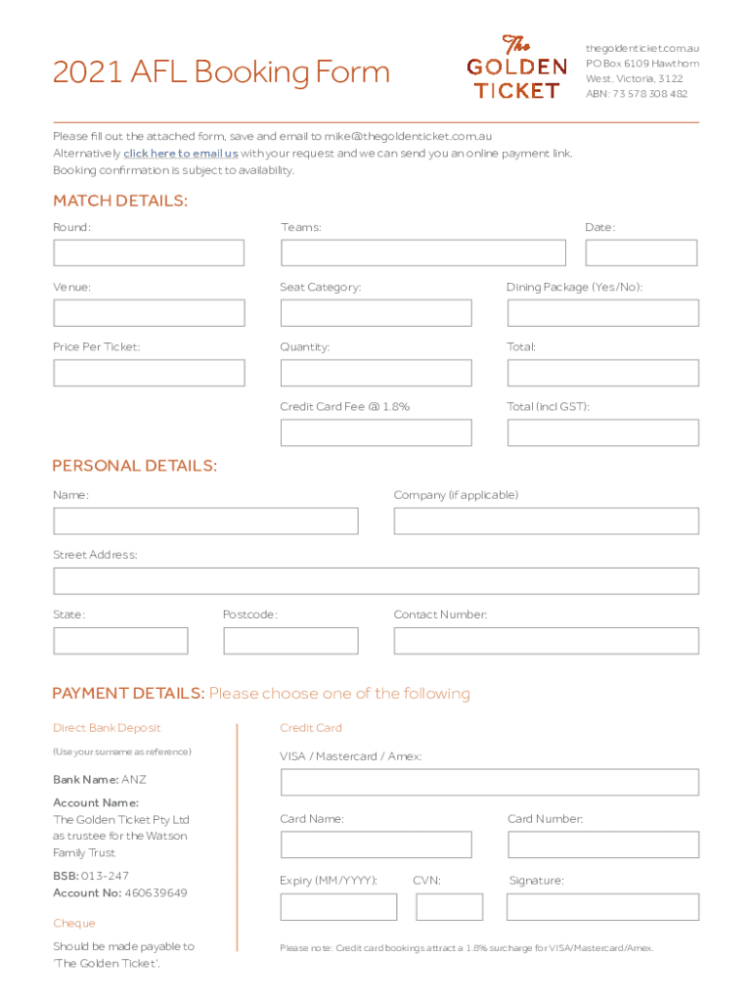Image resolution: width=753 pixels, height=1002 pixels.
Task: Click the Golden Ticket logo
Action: click(515, 68)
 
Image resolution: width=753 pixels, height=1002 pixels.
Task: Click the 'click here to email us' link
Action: click(180, 154)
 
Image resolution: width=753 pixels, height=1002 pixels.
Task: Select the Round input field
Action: click(149, 253)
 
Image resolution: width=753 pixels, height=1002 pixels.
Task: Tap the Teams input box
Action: click(422, 253)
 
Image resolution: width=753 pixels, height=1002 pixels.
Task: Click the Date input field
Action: click(641, 253)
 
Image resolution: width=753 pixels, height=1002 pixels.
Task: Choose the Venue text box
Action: click(149, 313)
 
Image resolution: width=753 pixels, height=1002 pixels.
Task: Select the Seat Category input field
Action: click(376, 313)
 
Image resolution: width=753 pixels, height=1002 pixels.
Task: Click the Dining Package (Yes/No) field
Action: click(602, 313)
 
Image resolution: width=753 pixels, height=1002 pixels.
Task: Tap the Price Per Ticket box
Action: click(149, 373)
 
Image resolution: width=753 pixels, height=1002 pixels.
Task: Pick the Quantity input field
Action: click(376, 373)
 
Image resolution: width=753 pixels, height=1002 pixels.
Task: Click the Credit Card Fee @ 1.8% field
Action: click(376, 433)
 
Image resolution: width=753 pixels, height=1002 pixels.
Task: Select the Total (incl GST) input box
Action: click(602, 433)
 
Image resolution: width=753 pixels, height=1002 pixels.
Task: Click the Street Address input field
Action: click(376, 581)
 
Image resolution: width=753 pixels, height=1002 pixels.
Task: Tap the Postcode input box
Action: click(290, 641)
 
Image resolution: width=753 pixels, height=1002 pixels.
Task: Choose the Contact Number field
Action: click(546, 641)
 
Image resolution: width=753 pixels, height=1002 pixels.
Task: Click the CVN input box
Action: click(449, 907)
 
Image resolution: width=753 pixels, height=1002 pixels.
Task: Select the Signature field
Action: click(602, 907)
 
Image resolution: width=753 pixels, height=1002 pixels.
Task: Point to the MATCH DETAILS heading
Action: click(119, 202)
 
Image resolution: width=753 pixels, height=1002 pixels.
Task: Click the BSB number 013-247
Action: click(105, 876)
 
